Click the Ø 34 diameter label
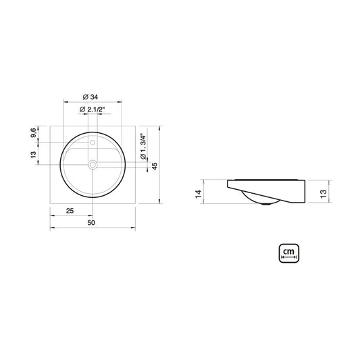click(x=91, y=97)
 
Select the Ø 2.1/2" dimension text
click(x=92, y=109)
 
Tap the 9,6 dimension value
click(x=33, y=132)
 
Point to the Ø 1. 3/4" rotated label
click(x=143, y=147)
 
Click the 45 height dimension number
click(x=155, y=166)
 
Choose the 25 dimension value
click(x=70, y=211)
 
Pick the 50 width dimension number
click(x=91, y=223)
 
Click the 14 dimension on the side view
click(x=199, y=194)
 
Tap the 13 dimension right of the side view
click(x=323, y=194)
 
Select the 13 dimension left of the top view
click(x=33, y=155)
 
